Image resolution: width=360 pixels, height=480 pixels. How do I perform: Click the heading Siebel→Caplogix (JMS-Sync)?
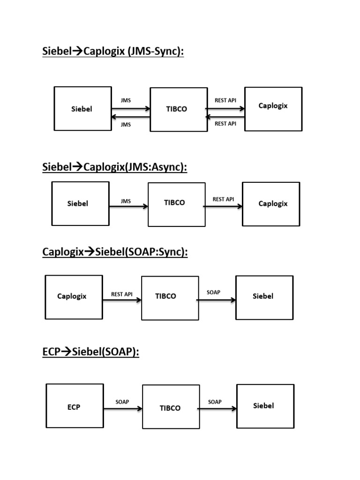pos(113,51)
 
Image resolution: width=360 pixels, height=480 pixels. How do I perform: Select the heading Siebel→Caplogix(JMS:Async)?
pos(114,167)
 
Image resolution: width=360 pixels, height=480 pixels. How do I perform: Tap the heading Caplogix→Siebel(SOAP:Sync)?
pos(115,252)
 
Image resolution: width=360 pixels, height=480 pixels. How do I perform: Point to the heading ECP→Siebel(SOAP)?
pos(90,352)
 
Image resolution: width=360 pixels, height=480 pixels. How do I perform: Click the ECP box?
pos(75,405)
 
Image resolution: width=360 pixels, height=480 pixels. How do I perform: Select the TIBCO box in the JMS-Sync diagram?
pos(178,109)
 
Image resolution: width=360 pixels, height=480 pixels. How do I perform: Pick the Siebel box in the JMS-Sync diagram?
pos(82,108)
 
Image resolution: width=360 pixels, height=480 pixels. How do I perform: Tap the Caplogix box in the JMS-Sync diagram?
pos(273,109)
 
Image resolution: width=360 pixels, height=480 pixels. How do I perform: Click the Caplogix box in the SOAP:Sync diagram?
pos(74,297)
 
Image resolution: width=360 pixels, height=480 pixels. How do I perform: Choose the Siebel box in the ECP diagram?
pos(265,406)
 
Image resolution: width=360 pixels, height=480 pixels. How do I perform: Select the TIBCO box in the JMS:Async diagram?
pos(176,204)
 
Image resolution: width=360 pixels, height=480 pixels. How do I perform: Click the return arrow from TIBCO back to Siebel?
pos(130,117)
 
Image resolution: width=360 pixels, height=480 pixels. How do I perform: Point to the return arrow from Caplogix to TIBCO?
pos(225,117)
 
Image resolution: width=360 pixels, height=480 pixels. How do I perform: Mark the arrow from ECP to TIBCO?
pos(123,409)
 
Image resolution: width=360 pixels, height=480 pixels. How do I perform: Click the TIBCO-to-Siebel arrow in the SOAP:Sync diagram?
pos(216,300)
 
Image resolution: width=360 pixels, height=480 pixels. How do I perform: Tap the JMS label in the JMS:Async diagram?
pos(126,201)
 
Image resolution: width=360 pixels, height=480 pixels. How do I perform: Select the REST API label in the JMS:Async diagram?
pos(223,199)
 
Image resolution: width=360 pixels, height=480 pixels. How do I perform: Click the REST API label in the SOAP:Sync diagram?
pos(121,294)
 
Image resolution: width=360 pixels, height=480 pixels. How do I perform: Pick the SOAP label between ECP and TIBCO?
pos(122,402)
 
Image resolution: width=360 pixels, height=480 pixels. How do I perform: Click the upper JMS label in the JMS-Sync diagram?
pos(126,100)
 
